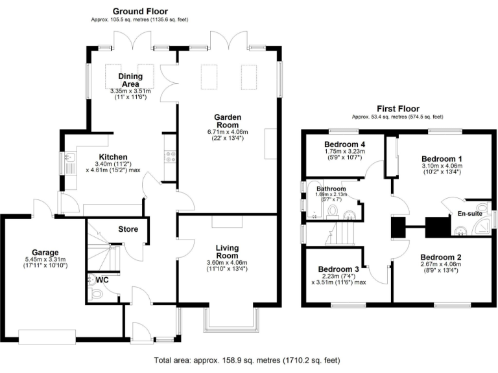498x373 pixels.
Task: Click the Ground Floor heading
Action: [140, 12]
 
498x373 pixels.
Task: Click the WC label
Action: [101, 280]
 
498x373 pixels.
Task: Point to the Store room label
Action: [128, 229]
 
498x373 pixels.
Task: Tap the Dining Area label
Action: [130, 80]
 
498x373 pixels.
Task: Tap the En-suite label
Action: [470, 213]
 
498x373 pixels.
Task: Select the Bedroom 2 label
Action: [440, 257]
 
